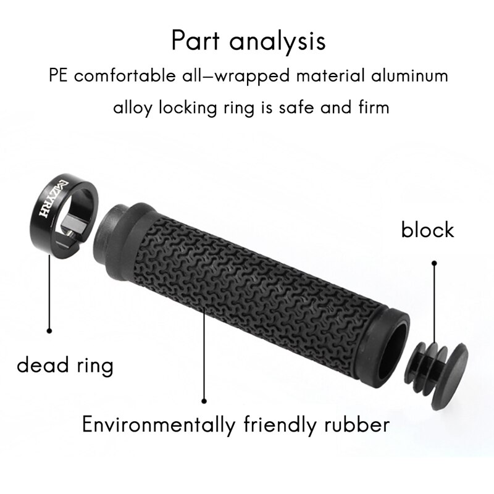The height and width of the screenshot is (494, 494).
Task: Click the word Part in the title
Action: (196, 41)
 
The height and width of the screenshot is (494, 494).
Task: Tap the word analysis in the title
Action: (276, 42)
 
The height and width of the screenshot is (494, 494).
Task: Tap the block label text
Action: (427, 230)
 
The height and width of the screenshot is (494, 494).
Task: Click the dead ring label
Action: (65, 366)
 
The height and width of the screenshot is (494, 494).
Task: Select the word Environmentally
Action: (158, 425)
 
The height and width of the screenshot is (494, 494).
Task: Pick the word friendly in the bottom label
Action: (276, 425)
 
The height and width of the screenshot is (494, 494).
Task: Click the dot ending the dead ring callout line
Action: (49, 330)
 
